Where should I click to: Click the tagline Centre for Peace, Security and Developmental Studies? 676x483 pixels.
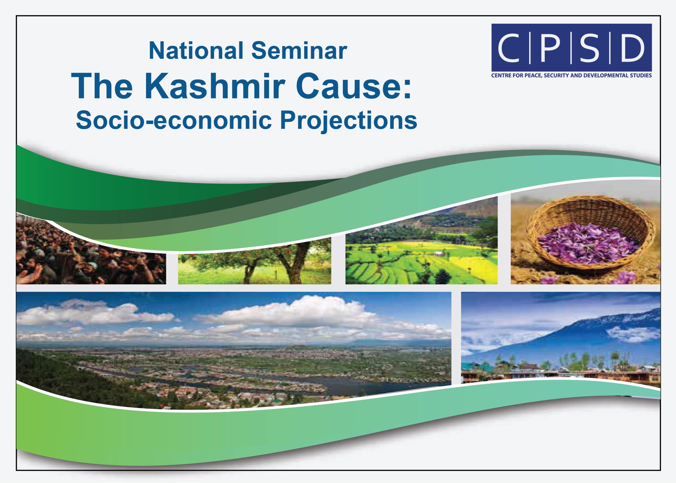[x=571, y=76]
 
